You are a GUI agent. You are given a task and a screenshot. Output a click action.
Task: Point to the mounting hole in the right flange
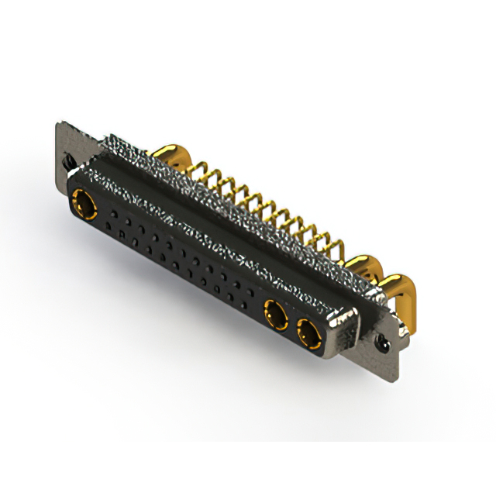click(381, 340)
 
